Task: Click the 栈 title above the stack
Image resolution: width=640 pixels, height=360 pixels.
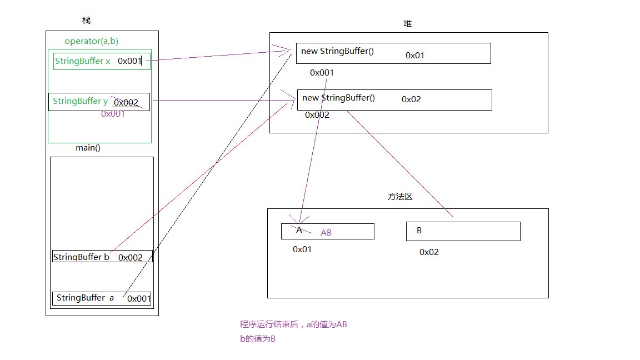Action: pyautogui.click(x=86, y=21)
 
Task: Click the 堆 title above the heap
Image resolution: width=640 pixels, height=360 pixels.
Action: pyautogui.click(x=408, y=24)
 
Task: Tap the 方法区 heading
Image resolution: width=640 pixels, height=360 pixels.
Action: pyautogui.click(x=400, y=197)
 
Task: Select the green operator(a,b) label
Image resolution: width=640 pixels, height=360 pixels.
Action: pyautogui.click(x=91, y=41)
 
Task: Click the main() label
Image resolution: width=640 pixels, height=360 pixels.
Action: pyautogui.click(x=88, y=148)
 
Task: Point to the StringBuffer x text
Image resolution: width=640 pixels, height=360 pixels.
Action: pyautogui.click(x=82, y=61)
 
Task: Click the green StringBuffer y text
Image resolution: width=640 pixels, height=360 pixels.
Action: pyautogui.click(x=80, y=101)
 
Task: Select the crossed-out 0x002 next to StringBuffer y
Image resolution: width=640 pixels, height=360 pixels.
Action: pyautogui.click(x=126, y=103)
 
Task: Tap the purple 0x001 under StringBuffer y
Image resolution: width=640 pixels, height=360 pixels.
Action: pyautogui.click(x=113, y=114)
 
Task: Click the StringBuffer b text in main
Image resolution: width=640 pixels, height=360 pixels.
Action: pyautogui.click(x=81, y=257)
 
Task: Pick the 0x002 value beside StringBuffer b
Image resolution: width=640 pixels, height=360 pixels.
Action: pyautogui.click(x=131, y=258)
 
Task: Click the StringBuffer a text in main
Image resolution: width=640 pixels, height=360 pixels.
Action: pyautogui.click(x=85, y=298)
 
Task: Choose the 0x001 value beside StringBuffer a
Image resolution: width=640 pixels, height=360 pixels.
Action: pyautogui.click(x=139, y=299)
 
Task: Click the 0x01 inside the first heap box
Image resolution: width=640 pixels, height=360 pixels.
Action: pyautogui.click(x=415, y=56)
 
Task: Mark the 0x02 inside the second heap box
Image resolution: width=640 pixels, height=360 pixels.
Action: pyautogui.click(x=411, y=99)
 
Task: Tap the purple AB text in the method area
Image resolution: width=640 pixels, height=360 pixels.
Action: pyautogui.click(x=326, y=233)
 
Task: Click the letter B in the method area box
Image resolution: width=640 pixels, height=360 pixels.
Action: pyautogui.click(x=419, y=231)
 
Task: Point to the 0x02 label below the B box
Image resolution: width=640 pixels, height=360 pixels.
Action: pyautogui.click(x=429, y=252)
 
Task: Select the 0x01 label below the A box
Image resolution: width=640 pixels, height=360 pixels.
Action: pyautogui.click(x=302, y=249)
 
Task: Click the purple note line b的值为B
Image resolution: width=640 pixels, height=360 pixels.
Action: pyautogui.click(x=257, y=338)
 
